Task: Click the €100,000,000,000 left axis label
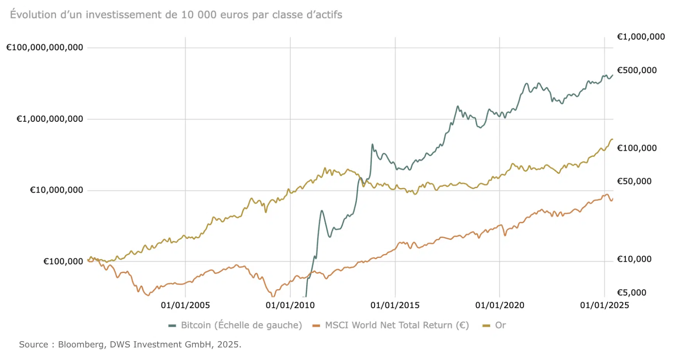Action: [x=45, y=47]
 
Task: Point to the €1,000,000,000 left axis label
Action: [x=50, y=119]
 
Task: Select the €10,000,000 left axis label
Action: [x=56, y=190]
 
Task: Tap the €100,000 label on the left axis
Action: [x=63, y=262]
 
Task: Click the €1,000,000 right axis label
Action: [x=641, y=37]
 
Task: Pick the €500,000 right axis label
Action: [x=637, y=70]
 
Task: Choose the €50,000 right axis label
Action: [x=634, y=181]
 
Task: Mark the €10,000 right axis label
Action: [x=634, y=259]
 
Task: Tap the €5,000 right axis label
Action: [x=632, y=292]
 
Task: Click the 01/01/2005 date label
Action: [x=185, y=305]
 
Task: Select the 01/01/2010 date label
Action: [x=290, y=305]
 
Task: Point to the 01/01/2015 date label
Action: [x=395, y=305]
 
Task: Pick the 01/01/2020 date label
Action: [x=500, y=305]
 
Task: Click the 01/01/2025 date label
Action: [x=604, y=305]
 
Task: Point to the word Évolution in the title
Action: [x=28, y=15]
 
